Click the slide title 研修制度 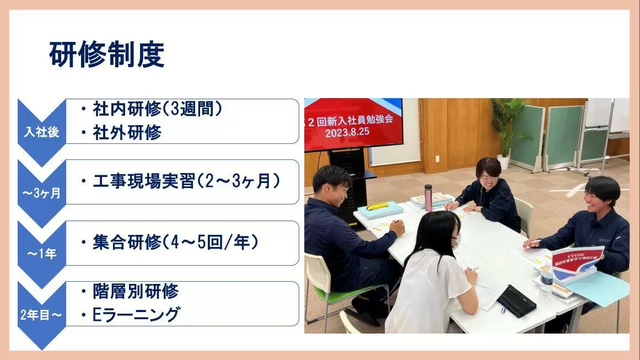coord(106,54)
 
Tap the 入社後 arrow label coord(42,132)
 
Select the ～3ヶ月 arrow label coord(42,192)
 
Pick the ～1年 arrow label coord(42,254)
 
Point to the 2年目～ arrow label coord(41,315)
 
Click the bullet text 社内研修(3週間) coord(158,109)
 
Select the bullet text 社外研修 coord(127,133)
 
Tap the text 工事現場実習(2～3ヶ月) coord(186,181)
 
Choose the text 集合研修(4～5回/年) coord(175,243)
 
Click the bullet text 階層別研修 coord(136,291)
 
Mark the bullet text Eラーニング coord(136,315)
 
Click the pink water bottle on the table coord(428,198)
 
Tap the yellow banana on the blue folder coord(377,206)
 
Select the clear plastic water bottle coord(546,282)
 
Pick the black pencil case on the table coord(517,301)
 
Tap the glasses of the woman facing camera coord(488,179)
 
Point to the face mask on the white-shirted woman coord(458,240)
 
